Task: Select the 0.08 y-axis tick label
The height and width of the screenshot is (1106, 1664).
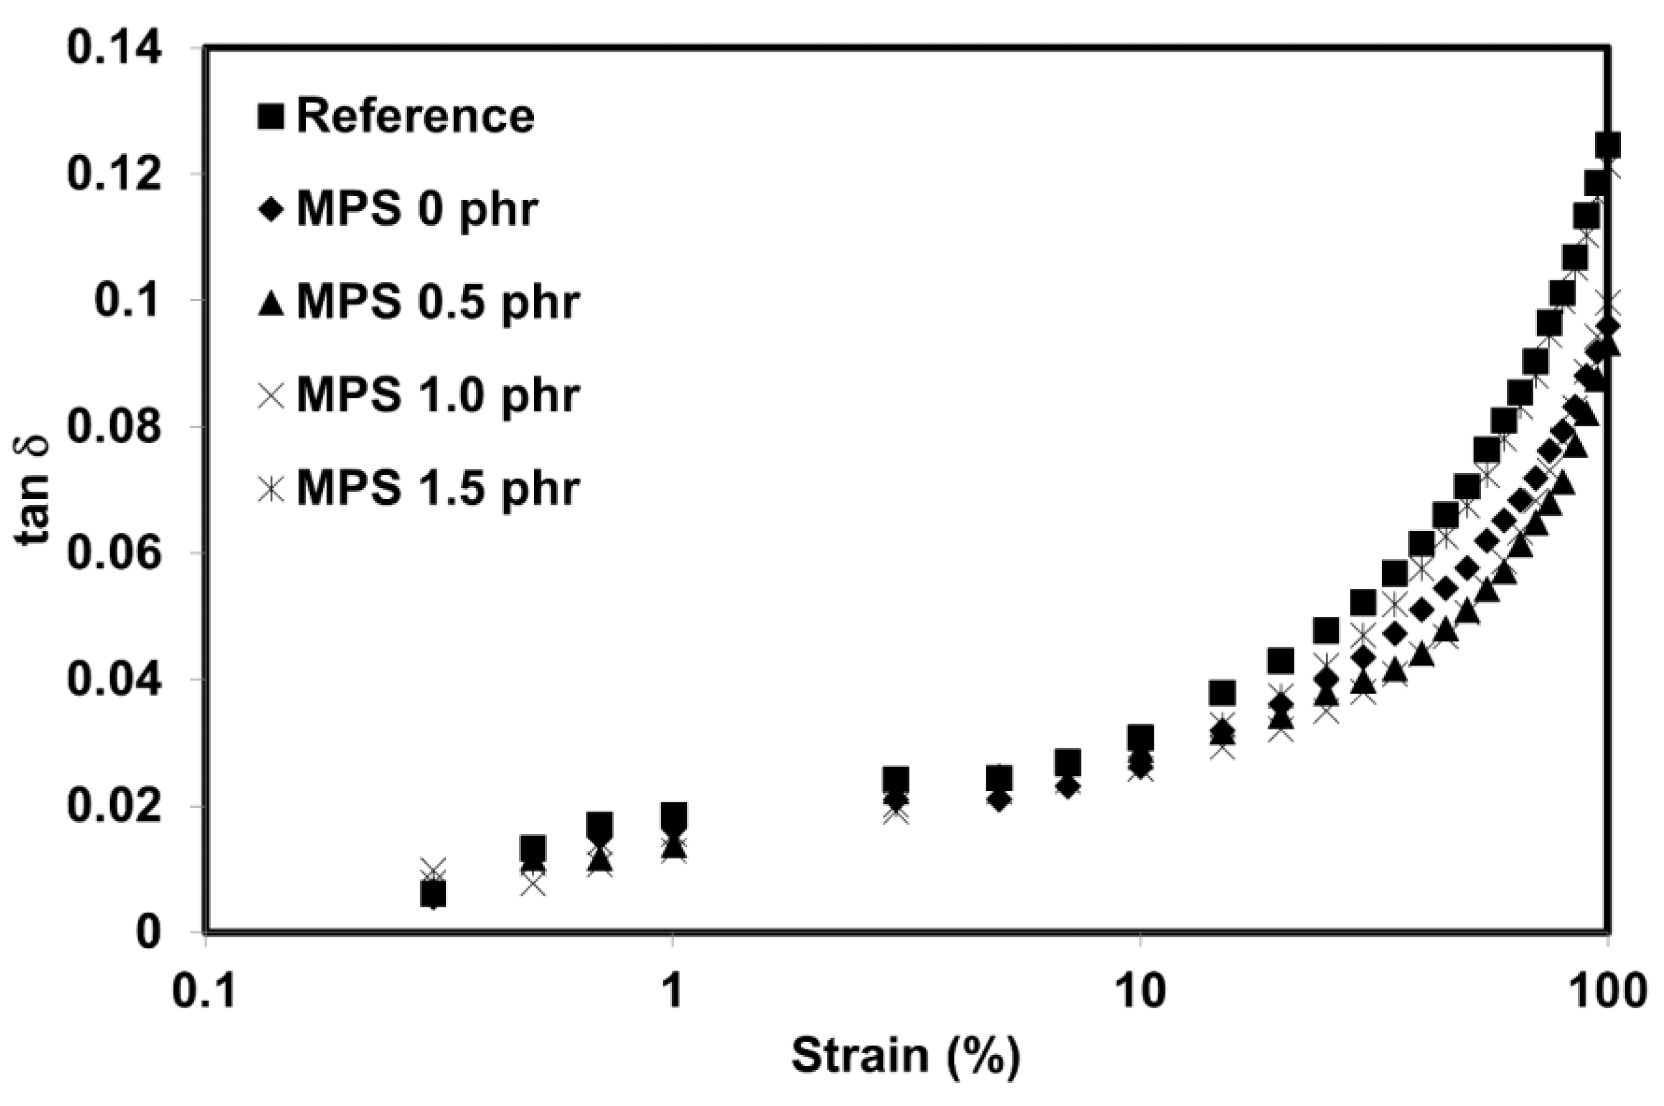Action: pos(124,427)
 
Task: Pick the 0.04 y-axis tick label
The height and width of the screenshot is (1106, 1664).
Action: pos(124,680)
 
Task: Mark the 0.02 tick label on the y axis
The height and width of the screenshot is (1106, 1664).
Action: pos(124,806)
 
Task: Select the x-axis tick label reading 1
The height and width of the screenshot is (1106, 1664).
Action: pos(673,991)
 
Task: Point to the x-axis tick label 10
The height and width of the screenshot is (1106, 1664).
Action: pos(1139,991)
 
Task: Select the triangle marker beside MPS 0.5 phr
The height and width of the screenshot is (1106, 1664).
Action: pos(271,303)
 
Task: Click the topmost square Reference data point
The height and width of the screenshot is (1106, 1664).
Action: pos(1607,145)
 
